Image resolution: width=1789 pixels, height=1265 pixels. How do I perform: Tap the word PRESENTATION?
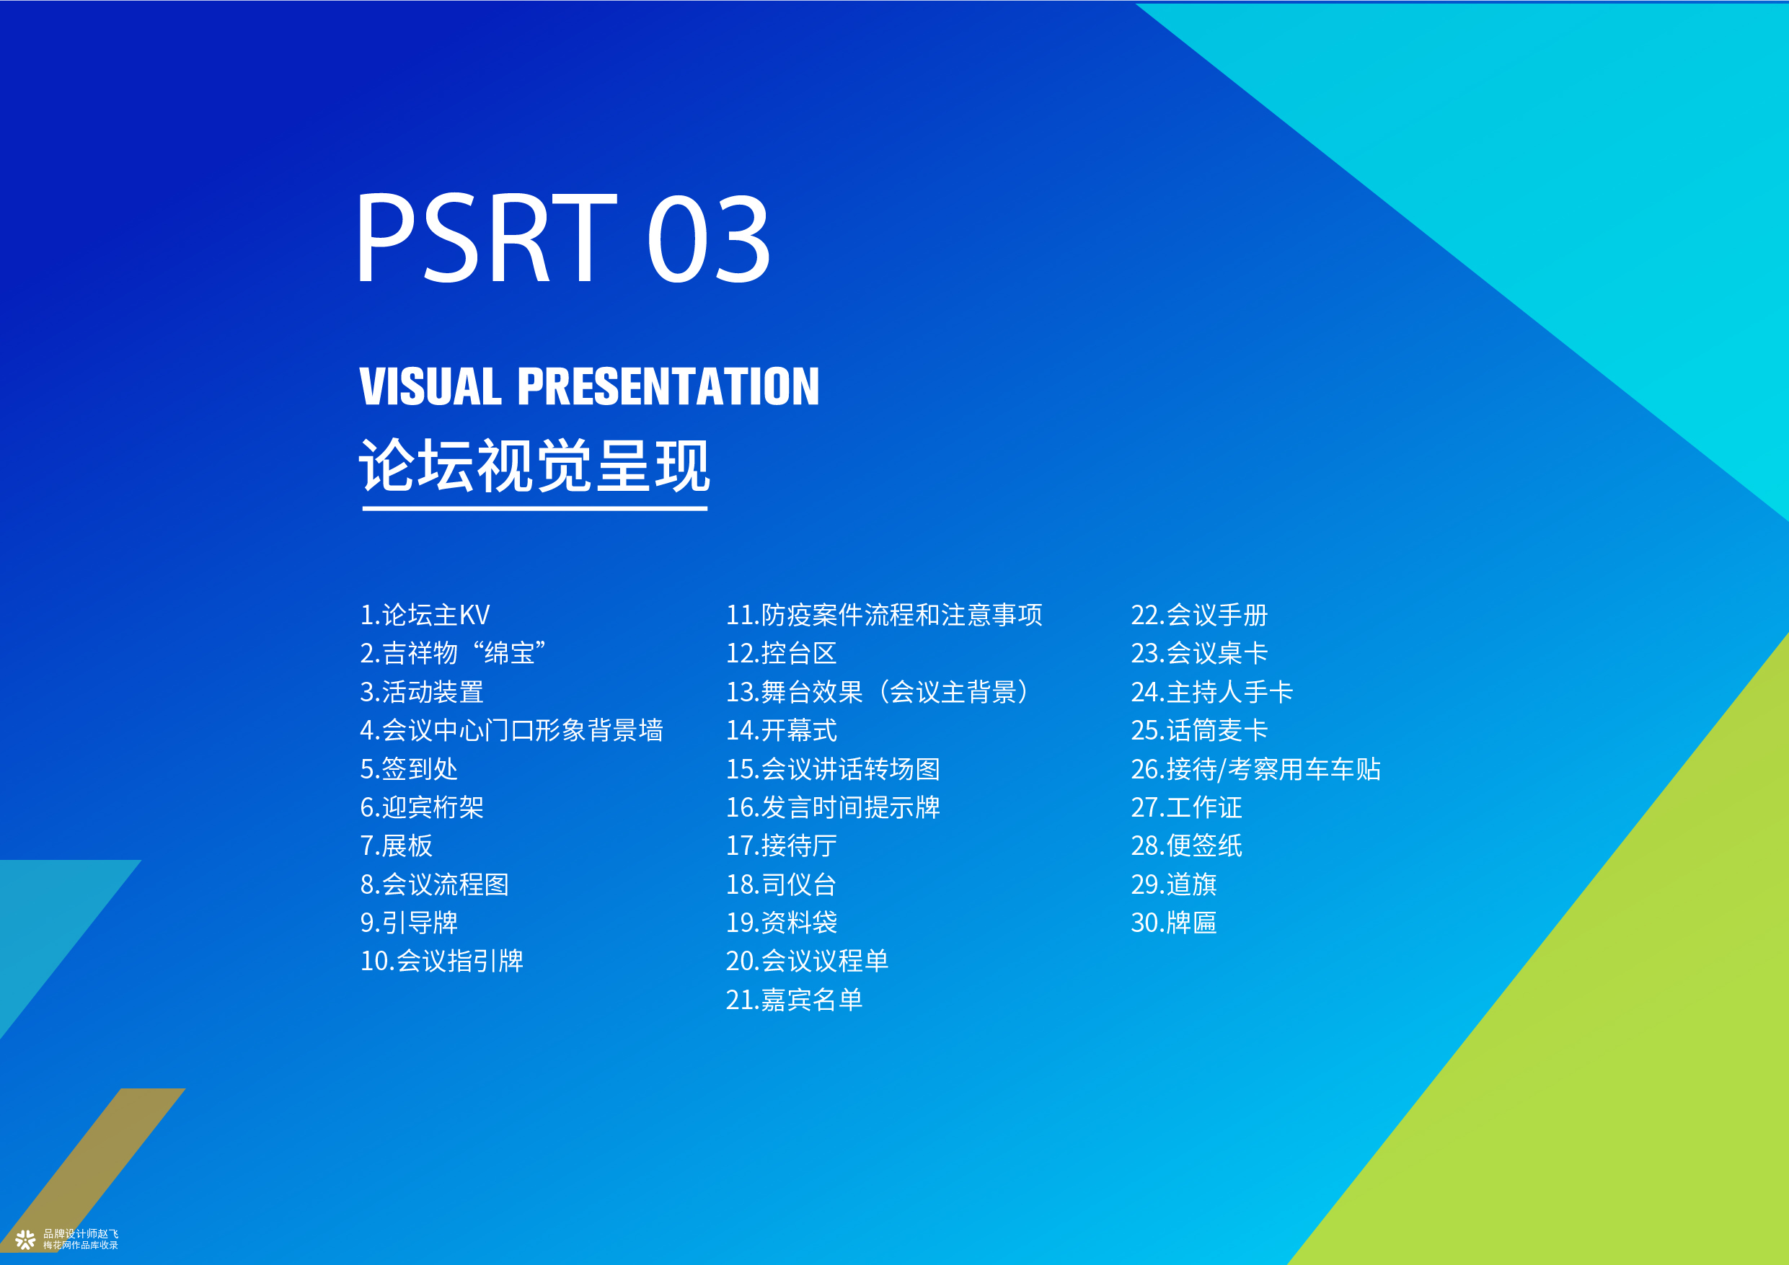coord(668,386)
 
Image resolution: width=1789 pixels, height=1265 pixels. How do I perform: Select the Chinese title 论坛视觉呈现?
coord(534,465)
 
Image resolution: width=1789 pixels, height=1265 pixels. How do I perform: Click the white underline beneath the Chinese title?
coord(534,509)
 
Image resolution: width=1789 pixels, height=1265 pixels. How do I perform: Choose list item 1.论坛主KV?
coord(425,616)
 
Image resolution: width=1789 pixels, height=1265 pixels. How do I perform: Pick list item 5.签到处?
coord(409,770)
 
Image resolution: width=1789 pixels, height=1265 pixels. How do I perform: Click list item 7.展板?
coord(396,846)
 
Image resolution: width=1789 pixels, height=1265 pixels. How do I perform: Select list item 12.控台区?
coord(781,654)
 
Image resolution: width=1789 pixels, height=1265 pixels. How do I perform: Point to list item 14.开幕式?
coord(781,731)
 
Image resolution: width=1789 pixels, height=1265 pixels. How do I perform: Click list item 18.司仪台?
coord(781,885)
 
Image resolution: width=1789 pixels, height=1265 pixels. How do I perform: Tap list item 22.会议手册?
coord(1199,616)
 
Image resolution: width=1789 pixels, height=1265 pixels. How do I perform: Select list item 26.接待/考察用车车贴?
coord(1255,770)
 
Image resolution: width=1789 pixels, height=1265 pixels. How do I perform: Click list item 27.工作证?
coord(1186,808)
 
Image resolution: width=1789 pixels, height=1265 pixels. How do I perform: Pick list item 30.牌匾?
coord(1173,923)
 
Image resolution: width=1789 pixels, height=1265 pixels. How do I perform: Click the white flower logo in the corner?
coord(26,1239)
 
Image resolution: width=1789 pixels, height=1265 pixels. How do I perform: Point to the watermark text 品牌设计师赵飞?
coord(81,1234)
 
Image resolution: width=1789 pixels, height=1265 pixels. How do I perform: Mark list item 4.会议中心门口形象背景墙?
coord(511,731)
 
